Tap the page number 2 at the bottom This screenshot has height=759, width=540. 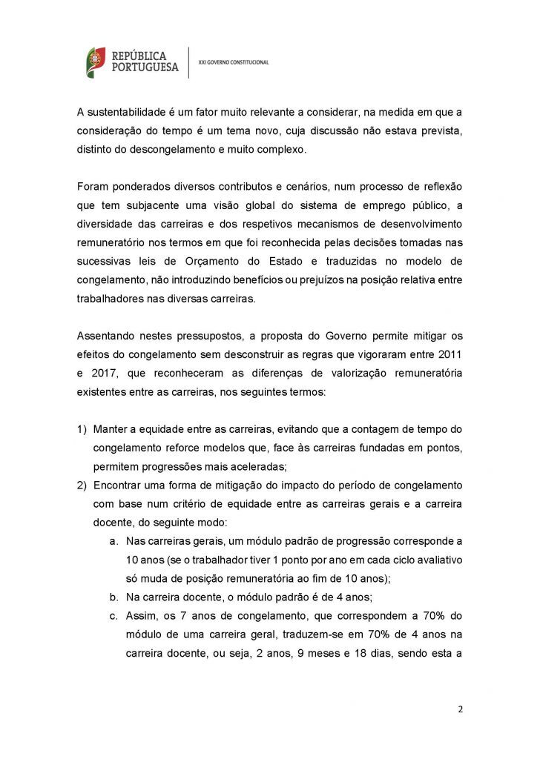460,708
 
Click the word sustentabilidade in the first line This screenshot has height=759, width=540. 130,112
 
